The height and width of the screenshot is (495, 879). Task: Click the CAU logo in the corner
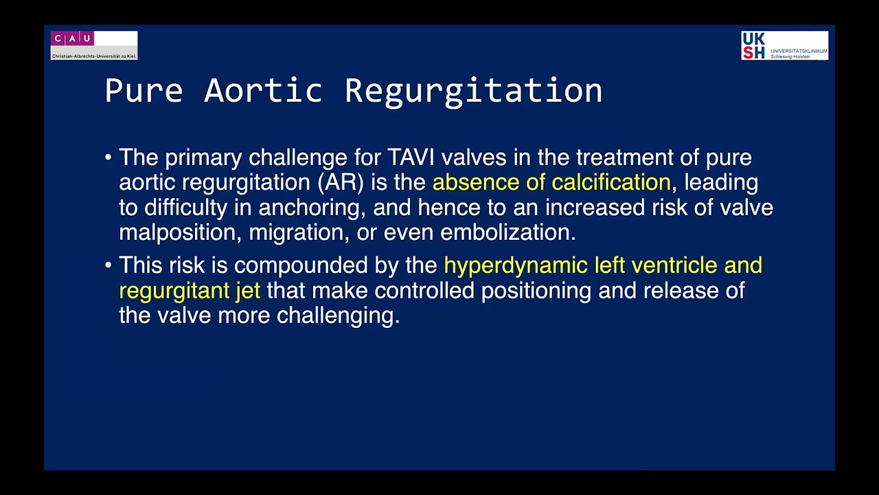(x=94, y=45)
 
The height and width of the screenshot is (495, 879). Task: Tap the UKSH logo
(x=784, y=45)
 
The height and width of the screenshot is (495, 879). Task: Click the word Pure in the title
(x=144, y=91)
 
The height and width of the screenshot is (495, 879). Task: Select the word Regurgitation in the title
(x=473, y=91)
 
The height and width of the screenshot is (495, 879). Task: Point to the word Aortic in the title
(x=263, y=91)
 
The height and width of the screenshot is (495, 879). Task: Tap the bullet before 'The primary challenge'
(x=109, y=158)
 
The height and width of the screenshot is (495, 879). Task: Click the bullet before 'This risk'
(x=109, y=265)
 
